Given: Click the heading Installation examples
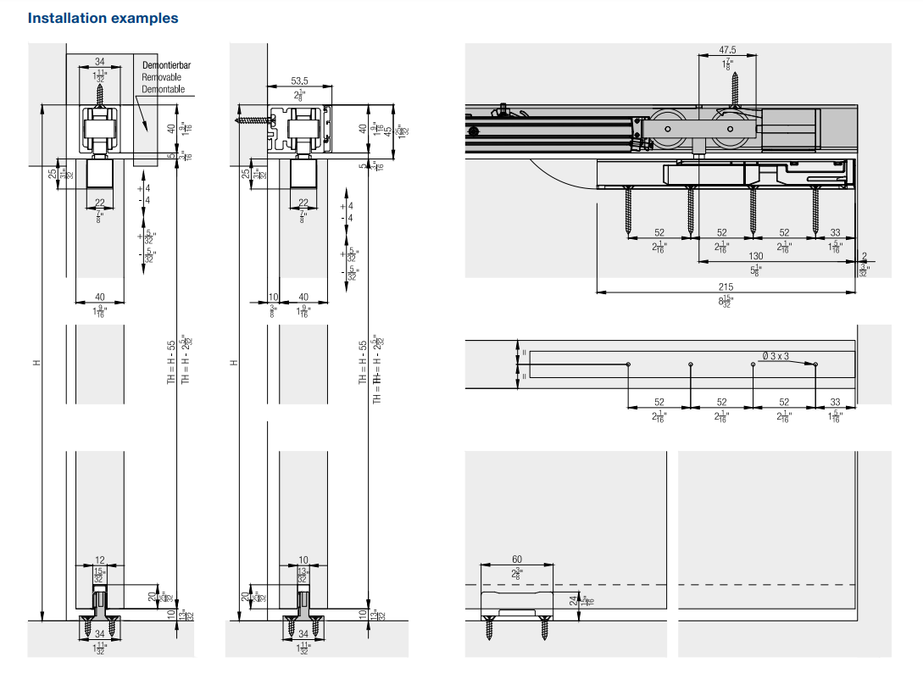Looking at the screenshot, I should click(103, 18).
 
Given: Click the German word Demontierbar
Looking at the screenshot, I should click(166, 65).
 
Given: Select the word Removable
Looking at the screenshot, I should click(161, 77).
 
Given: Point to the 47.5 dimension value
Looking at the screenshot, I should click(727, 50).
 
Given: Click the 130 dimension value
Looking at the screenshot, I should click(755, 256).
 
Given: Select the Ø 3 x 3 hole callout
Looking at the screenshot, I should click(775, 356).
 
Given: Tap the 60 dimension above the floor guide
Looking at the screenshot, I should click(516, 559).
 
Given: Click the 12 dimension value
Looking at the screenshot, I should click(100, 560).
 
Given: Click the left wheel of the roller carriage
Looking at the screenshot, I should click(667, 129).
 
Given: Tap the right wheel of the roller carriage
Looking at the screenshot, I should click(727, 129).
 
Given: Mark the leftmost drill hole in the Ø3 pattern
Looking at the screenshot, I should click(627, 365).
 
